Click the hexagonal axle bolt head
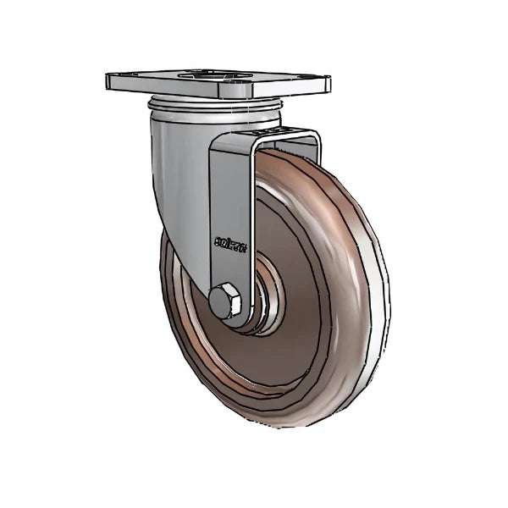point(224,301)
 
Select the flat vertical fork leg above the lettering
point(229,186)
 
